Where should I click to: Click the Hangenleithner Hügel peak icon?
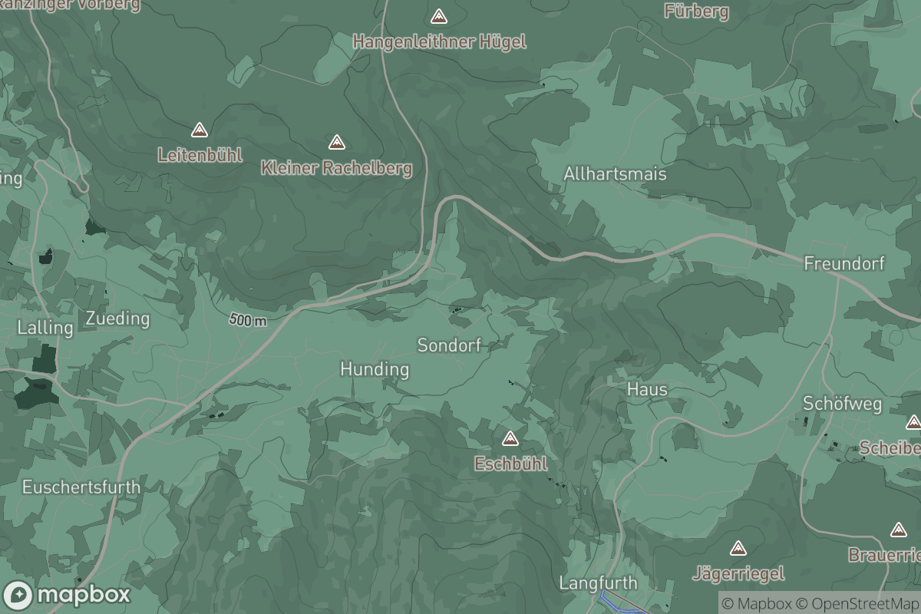[439, 16]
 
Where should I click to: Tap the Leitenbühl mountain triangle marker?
[200, 130]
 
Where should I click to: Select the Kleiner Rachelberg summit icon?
[336, 142]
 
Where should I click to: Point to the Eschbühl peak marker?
[510, 438]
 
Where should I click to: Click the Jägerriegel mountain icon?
[738, 548]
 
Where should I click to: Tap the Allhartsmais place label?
[615, 174]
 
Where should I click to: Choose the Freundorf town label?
[844, 264]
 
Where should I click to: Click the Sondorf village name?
[449, 345]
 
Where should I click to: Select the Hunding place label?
[375, 370]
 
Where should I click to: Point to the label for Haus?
[647, 389]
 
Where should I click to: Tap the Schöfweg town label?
[842, 404]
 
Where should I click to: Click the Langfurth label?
[599, 583]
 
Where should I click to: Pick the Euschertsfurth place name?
[81, 487]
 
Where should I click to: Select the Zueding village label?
[117, 319]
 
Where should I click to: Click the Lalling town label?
[45, 328]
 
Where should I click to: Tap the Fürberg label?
[696, 11]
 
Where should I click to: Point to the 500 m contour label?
[248, 320]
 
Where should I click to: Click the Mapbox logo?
[67, 595]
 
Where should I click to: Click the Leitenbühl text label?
[200, 155]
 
